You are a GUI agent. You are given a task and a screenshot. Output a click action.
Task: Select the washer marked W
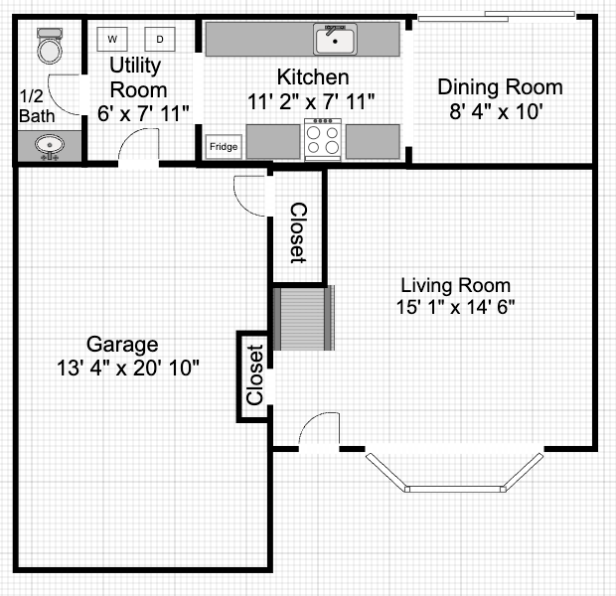point(112,39)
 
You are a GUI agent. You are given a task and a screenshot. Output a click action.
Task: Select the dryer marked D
point(159,39)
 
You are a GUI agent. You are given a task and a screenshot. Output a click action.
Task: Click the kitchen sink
point(336,40)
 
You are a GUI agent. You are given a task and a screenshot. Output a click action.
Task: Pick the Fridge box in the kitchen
point(223,147)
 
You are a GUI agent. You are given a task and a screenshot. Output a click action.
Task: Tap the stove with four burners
point(324,139)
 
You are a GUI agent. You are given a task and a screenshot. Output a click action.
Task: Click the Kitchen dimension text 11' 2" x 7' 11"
point(312,100)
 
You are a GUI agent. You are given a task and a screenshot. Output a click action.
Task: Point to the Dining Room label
point(500,87)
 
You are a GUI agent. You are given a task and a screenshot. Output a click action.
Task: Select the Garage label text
point(122,345)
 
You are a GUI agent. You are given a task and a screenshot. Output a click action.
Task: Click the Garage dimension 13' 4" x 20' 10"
point(128,368)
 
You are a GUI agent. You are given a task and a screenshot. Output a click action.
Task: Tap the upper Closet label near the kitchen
point(297,232)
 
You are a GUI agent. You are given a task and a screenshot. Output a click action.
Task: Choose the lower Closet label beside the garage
point(254,374)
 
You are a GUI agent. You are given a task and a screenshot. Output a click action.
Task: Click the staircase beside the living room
point(303,318)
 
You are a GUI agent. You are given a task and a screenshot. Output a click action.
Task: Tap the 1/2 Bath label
point(33,106)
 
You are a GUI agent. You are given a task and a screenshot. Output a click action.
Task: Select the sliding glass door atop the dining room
point(496,15)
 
